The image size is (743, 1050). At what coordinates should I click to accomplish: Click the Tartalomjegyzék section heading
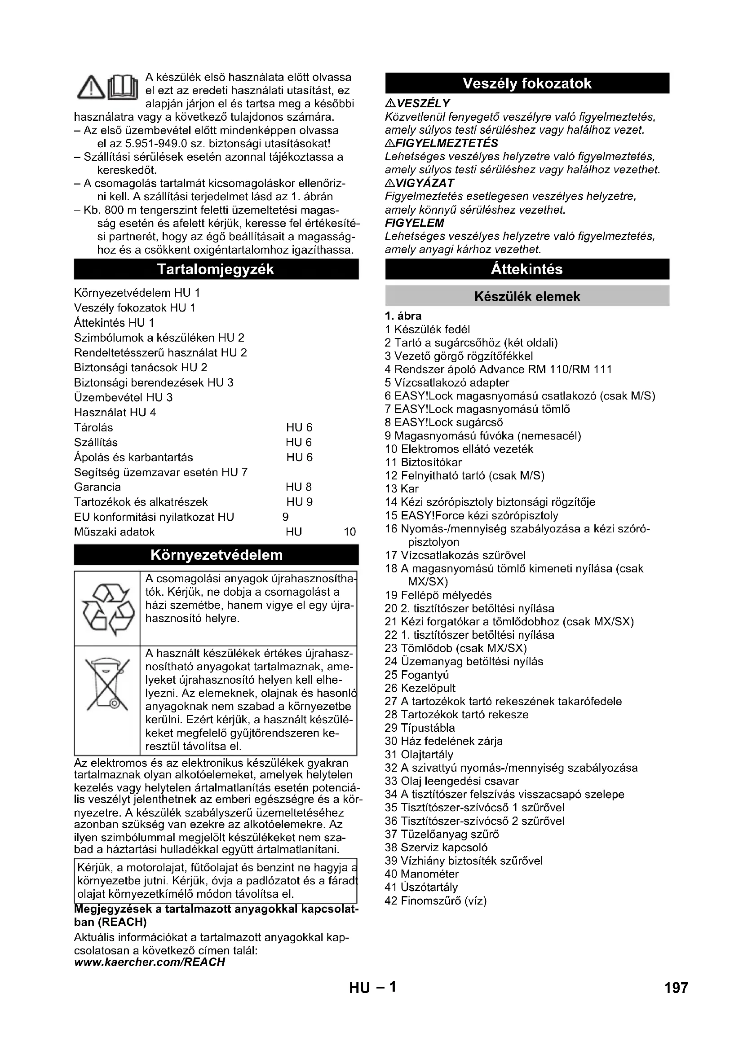click(216, 269)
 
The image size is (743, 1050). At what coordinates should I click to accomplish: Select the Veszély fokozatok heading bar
click(526, 83)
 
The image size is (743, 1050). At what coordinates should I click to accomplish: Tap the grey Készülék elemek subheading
click(526, 296)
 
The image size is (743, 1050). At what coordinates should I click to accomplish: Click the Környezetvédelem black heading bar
click(216, 555)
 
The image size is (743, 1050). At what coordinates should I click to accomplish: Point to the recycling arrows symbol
click(107, 608)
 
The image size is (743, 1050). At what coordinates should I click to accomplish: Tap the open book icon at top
click(122, 88)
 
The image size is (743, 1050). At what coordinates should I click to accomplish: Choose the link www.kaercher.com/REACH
click(150, 962)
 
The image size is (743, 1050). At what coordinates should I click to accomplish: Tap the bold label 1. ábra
click(403, 316)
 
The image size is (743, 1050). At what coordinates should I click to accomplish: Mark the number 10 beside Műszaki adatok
click(349, 532)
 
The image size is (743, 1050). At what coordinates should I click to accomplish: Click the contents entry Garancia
click(97, 487)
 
